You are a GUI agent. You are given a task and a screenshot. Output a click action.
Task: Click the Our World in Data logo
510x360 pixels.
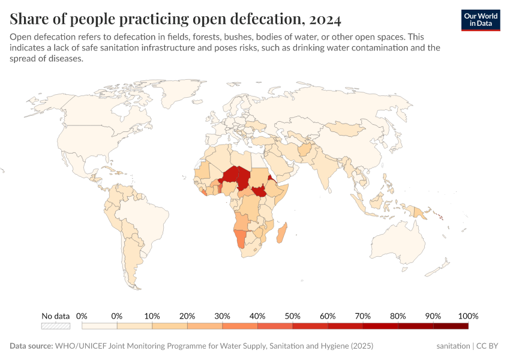[481, 20]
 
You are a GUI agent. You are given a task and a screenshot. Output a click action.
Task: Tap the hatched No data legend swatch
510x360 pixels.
[56, 326]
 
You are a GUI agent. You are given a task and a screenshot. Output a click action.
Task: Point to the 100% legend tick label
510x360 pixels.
[468, 316]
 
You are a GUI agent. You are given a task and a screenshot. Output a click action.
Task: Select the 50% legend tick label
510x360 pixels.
[293, 316]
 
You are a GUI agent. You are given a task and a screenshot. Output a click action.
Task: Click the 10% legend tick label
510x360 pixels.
[152, 316]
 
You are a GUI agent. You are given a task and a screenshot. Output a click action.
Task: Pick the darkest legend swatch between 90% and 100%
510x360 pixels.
[451, 326]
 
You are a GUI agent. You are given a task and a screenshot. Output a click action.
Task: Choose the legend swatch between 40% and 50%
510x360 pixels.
[275, 326]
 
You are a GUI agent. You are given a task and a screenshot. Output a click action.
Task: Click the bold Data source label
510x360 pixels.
[31, 346]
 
